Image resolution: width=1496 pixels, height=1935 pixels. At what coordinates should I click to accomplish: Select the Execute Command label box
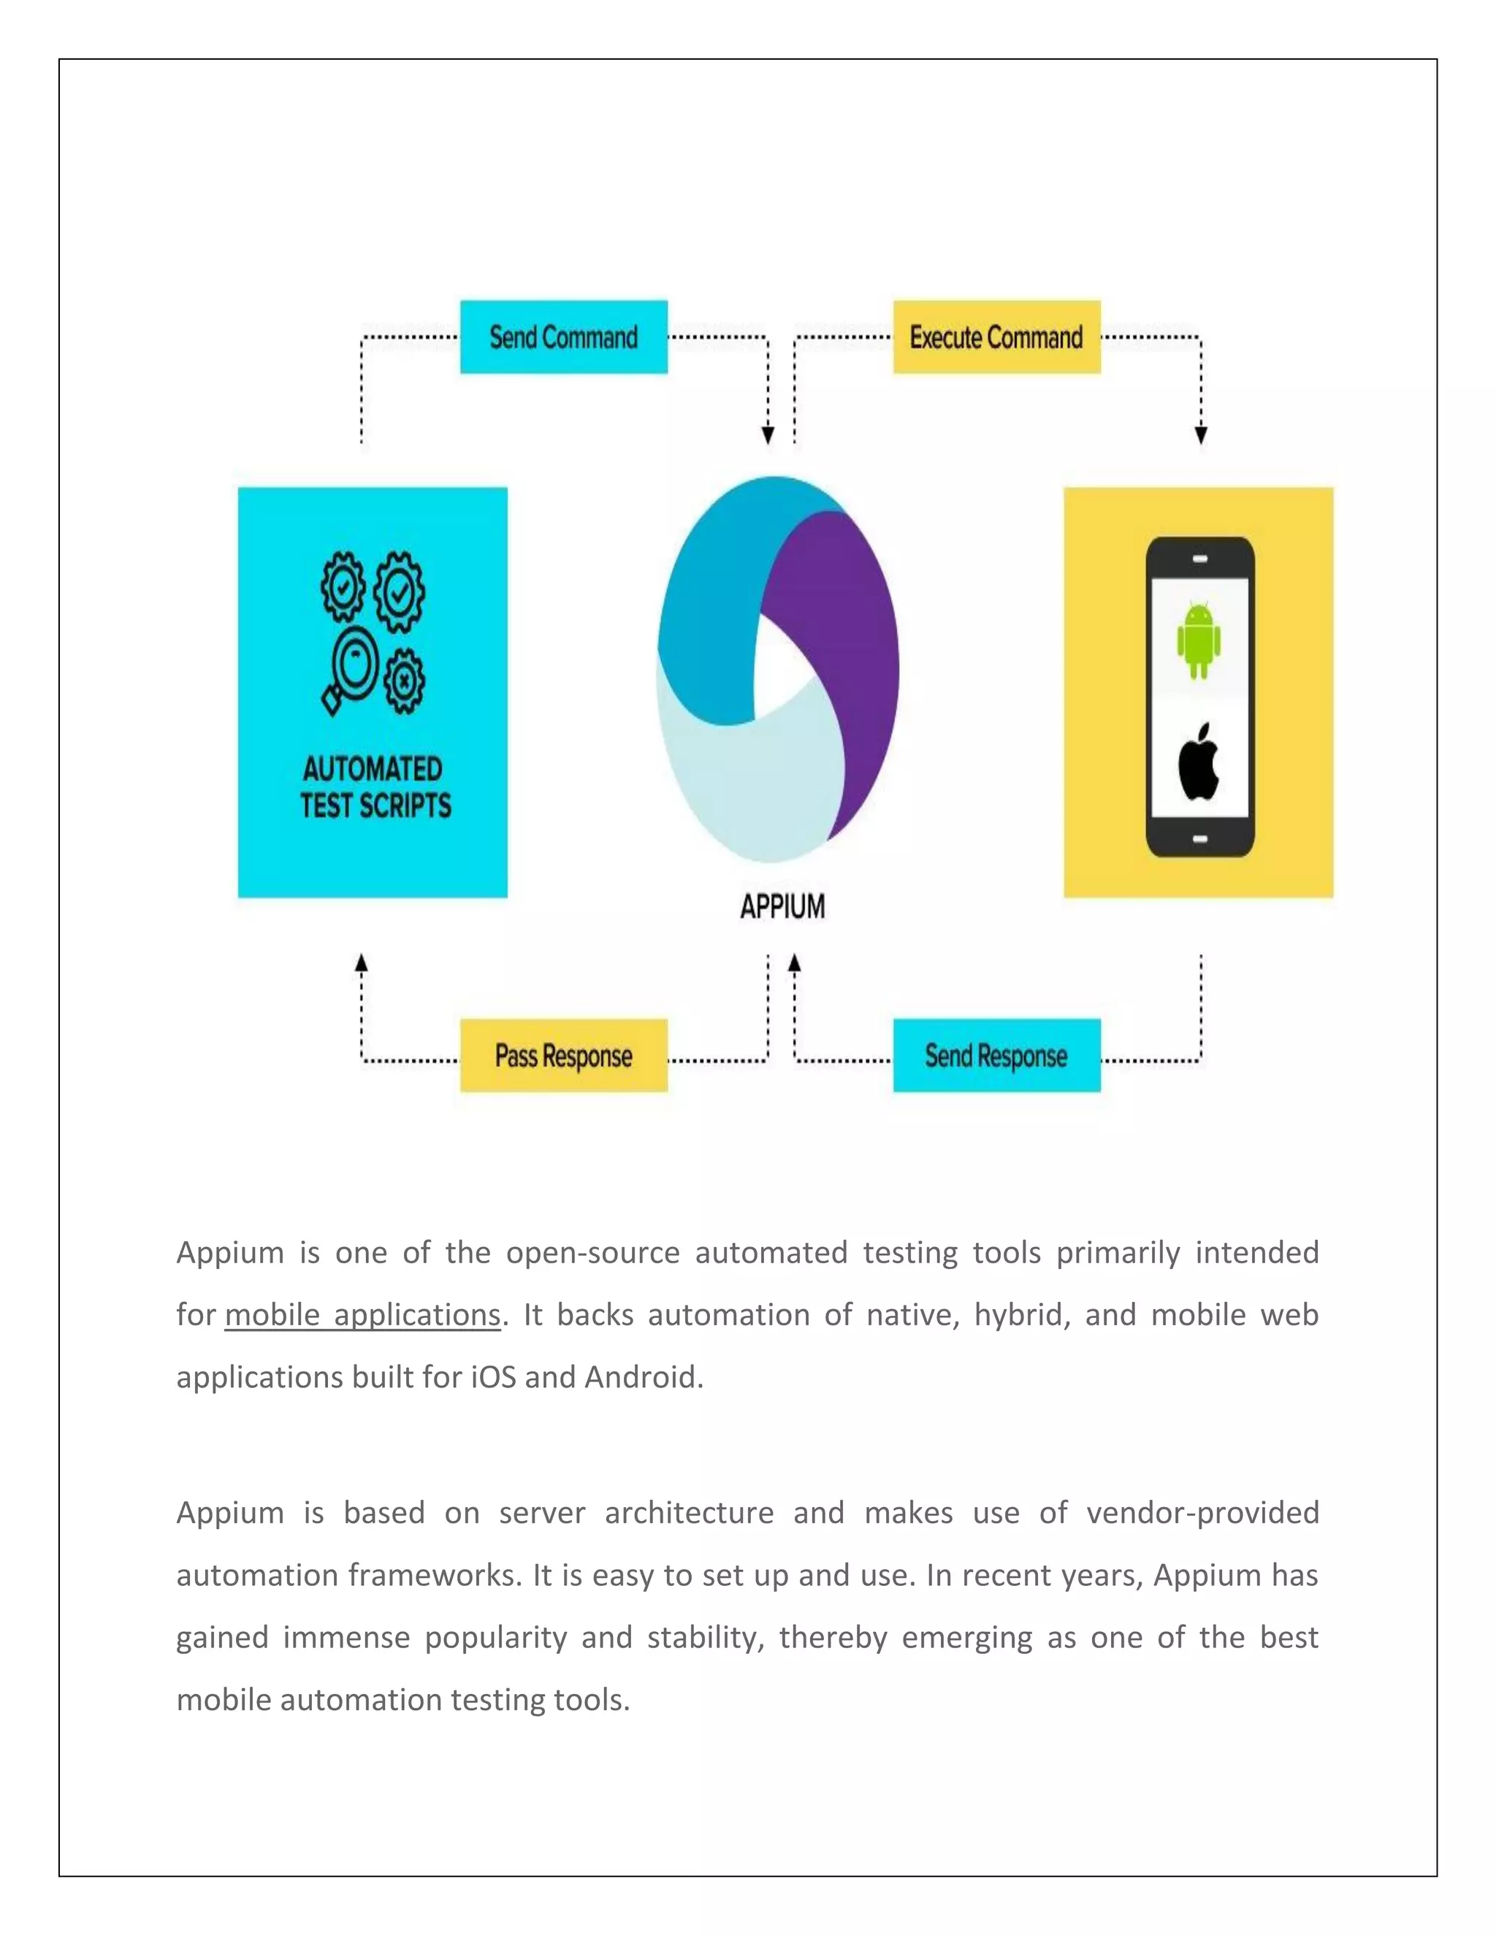point(996,337)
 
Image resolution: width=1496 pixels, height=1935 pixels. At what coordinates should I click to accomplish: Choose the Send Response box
point(996,1055)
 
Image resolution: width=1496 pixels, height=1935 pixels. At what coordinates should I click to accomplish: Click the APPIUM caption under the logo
point(782,906)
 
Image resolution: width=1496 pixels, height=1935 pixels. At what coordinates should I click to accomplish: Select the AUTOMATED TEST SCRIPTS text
point(374,786)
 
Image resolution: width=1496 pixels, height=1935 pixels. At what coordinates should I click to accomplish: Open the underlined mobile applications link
point(362,1315)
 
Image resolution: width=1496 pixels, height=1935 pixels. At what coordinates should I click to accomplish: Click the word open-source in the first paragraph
point(592,1253)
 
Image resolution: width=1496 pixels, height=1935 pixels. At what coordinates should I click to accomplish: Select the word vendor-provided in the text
point(1202,1512)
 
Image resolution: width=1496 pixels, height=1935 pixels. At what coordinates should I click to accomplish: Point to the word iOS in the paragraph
point(493,1377)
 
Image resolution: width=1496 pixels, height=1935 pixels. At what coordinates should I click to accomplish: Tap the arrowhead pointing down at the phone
point(1201,435)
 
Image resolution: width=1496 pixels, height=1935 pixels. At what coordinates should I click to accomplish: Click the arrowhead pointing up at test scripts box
point(362,963)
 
